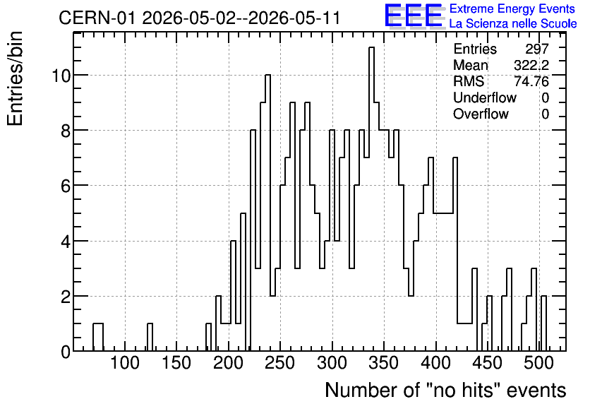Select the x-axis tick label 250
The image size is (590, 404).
tap(279, 363)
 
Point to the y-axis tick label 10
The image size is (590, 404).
tap(61, 76)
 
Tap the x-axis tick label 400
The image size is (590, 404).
tap(435, 363)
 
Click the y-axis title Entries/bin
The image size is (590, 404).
tap(16, 78)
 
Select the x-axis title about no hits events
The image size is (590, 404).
tap(445, 390)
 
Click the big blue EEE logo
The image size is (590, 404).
tap(414, 16)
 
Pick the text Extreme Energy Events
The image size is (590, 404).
tap(512, 8)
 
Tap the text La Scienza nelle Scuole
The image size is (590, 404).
tap(513, 24)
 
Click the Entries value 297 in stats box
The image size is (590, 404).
tap(537, 49)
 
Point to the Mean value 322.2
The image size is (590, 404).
tap(531, 65)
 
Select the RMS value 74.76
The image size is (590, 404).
tap(531, 81)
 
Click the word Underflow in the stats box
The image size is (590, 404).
tap(485, 97)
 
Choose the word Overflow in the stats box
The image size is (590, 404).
tap(481, 114)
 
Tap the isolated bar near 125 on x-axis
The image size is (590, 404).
tap(150, 338)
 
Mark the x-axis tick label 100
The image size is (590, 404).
tap(124, 363)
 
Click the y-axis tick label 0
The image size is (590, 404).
tap(66, 352)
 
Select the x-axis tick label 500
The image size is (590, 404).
tap(538, 363)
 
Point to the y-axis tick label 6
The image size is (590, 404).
tap(66, 186)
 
